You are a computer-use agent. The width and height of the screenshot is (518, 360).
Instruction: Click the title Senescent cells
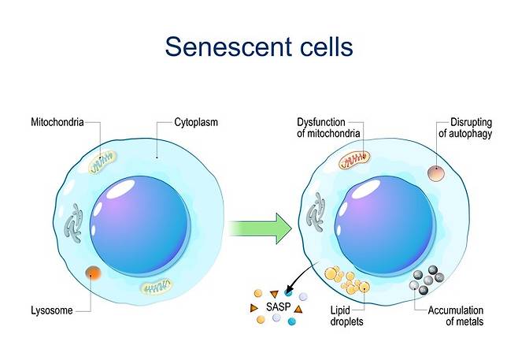tap(259, 46)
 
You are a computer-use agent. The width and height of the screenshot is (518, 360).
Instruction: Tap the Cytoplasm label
tap(196, 123)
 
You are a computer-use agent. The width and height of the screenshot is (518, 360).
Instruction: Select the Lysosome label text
tap(52, 310)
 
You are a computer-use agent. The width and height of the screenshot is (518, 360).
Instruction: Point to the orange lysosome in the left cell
tap(94, 273)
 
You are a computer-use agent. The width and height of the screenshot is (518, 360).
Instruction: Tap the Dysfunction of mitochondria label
tap(328, 128)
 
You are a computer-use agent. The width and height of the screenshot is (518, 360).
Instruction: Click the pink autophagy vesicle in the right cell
tap(435, 173)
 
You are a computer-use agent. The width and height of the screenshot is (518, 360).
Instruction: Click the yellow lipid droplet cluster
tap(347, 280)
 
